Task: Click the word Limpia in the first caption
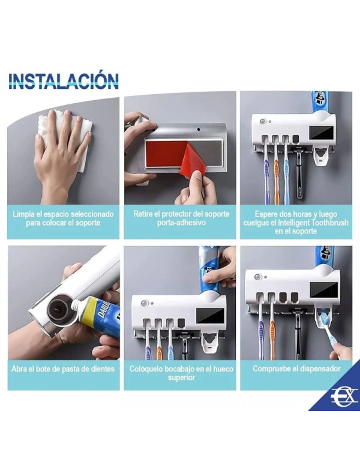pos(22,214)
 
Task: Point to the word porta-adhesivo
pos(181,223)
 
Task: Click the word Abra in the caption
pos(19,369)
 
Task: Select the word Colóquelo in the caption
pos(145,369)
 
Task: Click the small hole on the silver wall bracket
pos(199,130)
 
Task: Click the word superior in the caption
pos(181,378)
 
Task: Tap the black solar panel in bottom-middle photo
pos(210,315)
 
